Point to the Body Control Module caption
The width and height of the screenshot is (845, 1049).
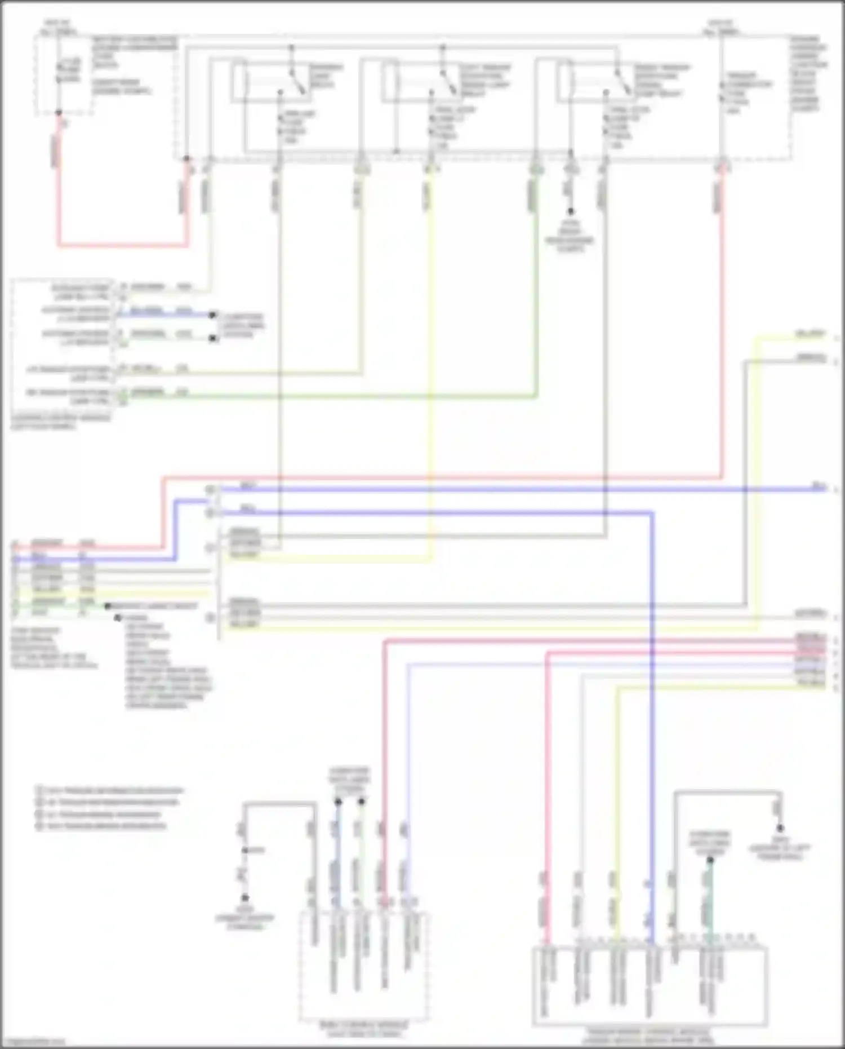point(363,1029)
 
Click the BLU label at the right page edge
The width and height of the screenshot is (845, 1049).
point(818,486)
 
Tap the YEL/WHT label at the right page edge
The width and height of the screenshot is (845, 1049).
point(810,334)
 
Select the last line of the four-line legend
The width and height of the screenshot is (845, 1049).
point(102,826)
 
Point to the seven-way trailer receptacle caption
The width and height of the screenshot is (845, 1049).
point(54,648)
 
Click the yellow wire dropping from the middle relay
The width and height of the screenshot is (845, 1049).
point(431,338)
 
